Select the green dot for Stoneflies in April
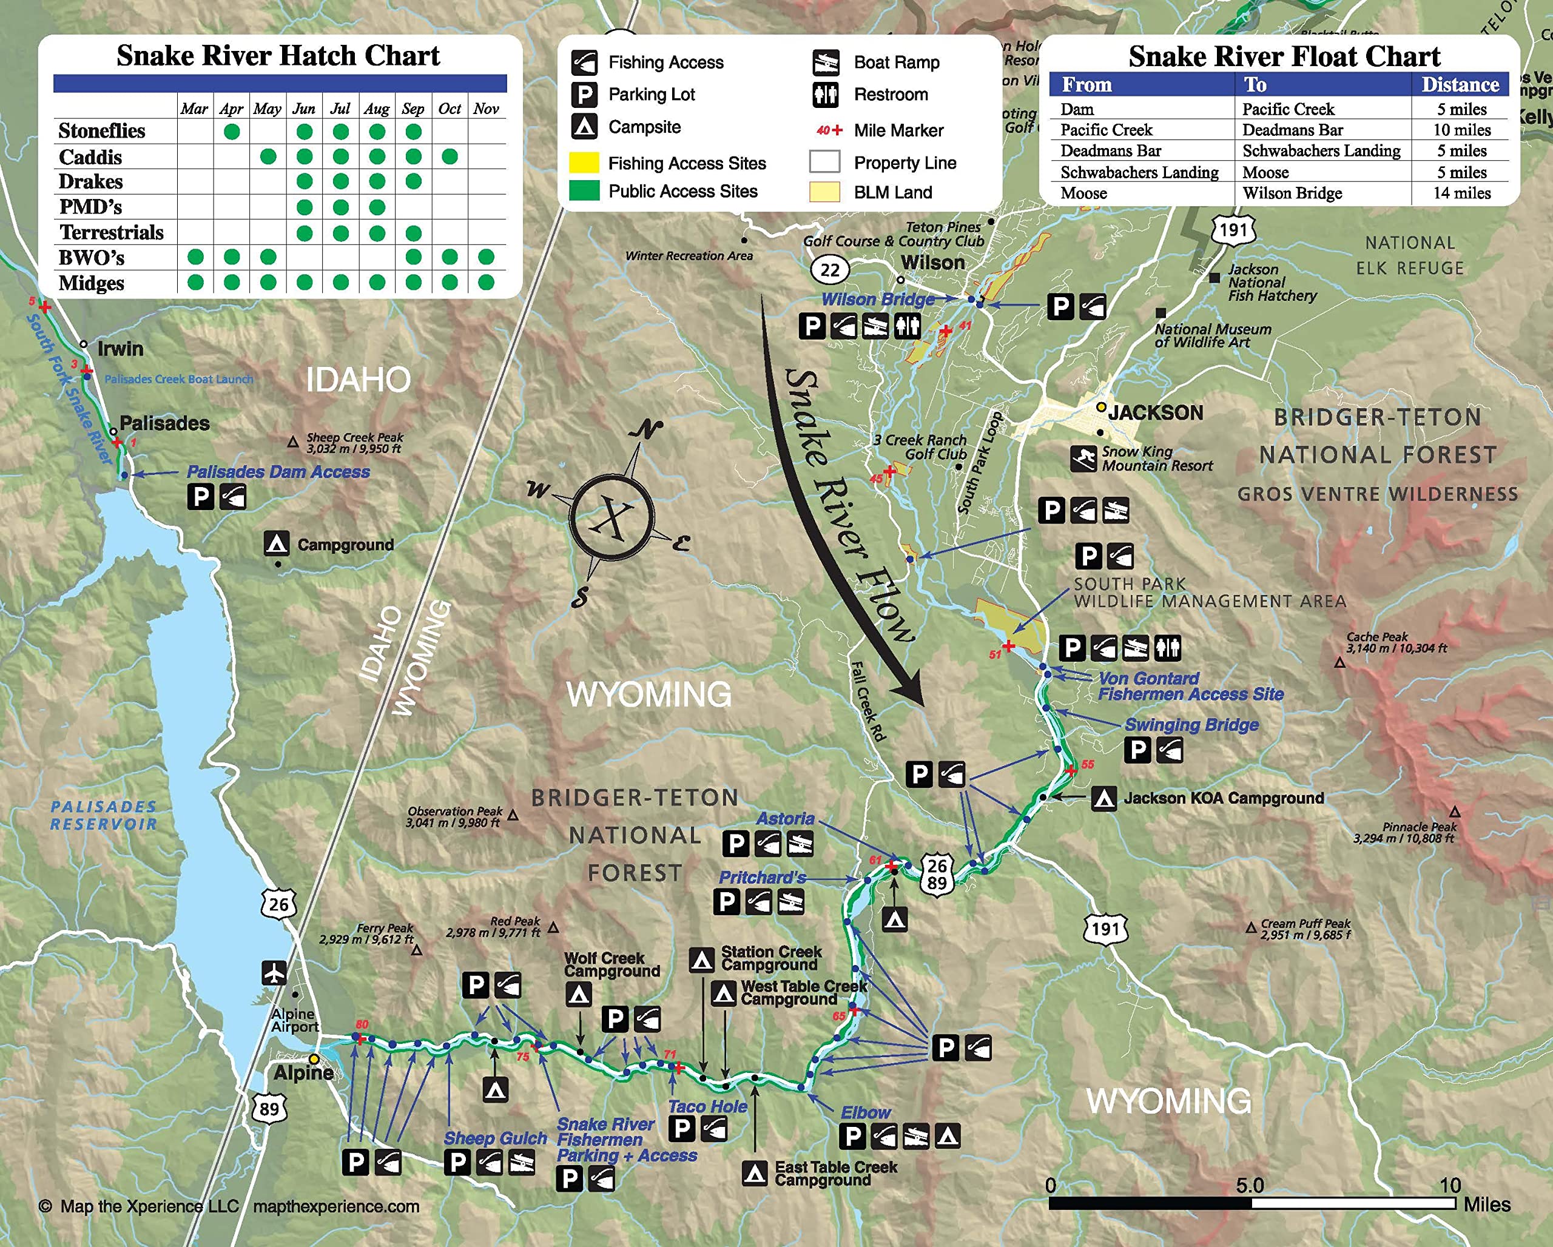pos(231,132)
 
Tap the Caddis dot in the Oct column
pos(450,156)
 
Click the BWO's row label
pos(92,257)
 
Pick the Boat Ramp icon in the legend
pos(826,62)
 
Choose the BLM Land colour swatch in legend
pos(825,192)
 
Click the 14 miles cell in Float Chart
pos(1461,193)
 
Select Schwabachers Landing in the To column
pos(1321,150)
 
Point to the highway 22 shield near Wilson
pos(830,270)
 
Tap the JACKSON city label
pos(1156,412)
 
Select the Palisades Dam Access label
pos(278,472)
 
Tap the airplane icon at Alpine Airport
pos(274,973)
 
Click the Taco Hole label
pos(707,1107)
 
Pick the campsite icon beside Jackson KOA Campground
pos(1103,798)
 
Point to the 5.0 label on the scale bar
pos(1250,1185)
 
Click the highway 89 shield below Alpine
pos(269,1108)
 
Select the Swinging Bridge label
pos(1191,724)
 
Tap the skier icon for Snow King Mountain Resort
pos(1083,458)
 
